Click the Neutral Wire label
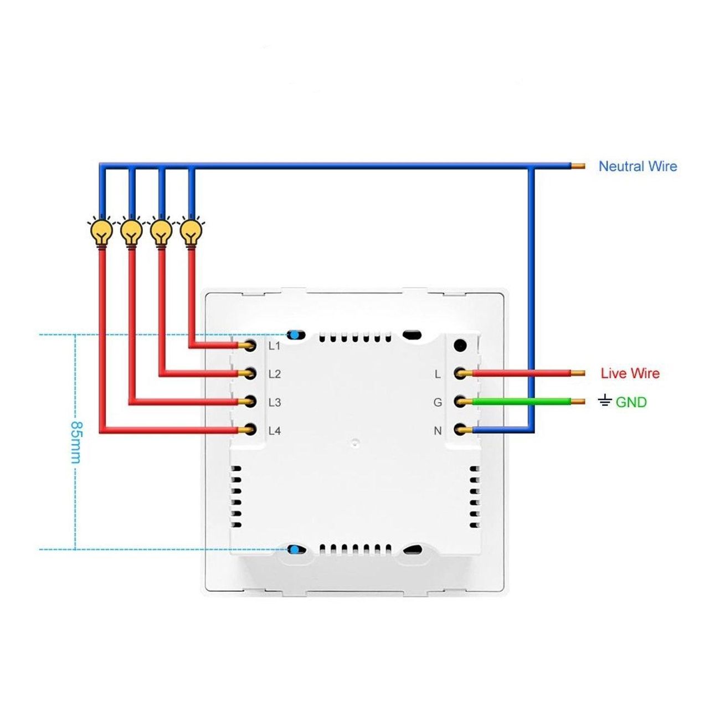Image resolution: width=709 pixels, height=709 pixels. (638, 166)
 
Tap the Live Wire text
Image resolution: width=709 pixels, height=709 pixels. (630, 373)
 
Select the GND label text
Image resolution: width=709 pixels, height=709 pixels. (631, 402)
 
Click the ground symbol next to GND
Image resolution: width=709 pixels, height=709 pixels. (605, 400)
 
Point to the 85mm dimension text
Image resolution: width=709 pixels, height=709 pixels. (76, 442)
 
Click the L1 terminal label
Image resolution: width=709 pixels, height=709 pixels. (274, 346)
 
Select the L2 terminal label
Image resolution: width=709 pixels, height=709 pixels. (274, 374)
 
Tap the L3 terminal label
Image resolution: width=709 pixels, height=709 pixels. (274, 403)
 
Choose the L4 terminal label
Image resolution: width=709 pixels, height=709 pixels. (274, 431)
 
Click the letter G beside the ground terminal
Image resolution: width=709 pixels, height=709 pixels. (438, 403)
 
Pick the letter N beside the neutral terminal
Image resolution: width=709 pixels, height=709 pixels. (438, 431)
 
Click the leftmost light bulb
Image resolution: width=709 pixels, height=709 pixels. (100, 232)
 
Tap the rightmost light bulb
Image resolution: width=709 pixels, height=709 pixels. (191, 232)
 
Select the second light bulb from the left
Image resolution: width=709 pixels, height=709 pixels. (131, 232)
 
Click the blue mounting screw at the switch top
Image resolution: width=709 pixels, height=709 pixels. (295, 335)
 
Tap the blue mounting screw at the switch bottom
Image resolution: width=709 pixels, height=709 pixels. (295, 549)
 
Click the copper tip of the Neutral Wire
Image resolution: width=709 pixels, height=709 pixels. (578, 166)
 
